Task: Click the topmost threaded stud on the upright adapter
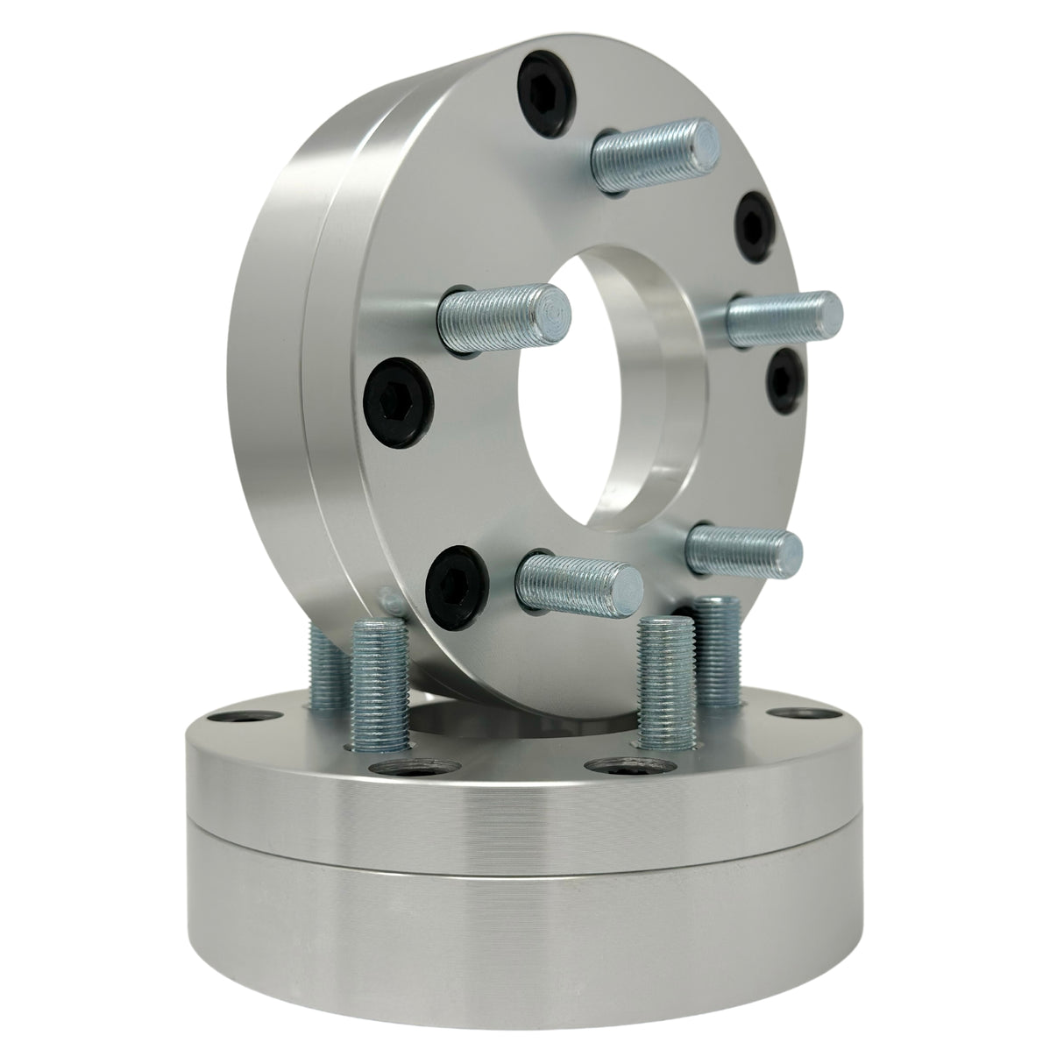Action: coord(657,152)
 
